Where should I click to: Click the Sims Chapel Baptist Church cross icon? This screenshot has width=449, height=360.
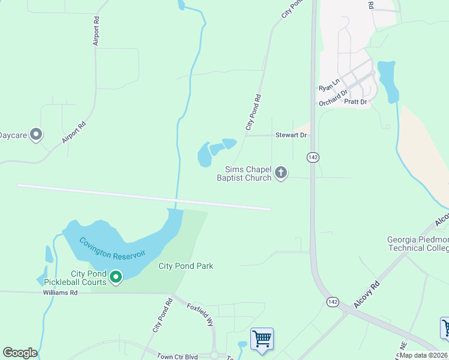click(x=280, y=173)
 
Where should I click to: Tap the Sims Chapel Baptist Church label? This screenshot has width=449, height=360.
click(x=248, y=173)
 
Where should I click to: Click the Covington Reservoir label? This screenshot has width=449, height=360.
click(x=112, y=245)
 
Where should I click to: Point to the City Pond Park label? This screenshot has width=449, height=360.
click(x=185, y=266)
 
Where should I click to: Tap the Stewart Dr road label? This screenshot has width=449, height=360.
click(x=291, y=136)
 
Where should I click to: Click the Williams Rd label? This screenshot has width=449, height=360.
click(x=60, y=293)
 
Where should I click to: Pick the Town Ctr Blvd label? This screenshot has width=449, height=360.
click(x=177, y=356)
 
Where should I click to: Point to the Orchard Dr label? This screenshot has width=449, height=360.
click(x=334, y=97)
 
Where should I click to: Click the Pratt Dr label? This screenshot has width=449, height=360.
click(x=355, y=102)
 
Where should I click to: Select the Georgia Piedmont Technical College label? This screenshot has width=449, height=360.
click(x=418, y=244)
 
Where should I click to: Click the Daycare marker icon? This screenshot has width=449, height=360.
click(x=36, y=135)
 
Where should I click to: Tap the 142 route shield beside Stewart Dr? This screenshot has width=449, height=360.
click(x=312, y=157)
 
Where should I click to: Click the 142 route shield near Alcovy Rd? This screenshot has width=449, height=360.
click(x=332, y=301)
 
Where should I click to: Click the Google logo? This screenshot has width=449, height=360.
click(x=20, y=353)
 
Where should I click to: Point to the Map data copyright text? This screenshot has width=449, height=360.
click(x=423, y=355)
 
